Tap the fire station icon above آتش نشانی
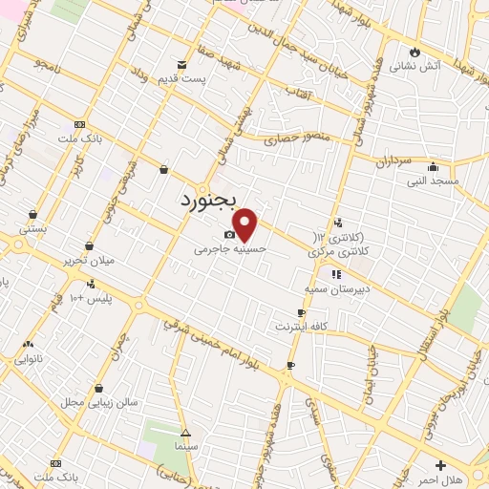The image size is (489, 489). coord(415,52)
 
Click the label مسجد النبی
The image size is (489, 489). coord(434,180)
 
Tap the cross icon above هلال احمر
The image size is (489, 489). coord(440,465)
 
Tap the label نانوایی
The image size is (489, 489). coord(30,359)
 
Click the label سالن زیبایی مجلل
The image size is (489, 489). coord(100,401)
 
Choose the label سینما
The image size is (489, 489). coord(186,446)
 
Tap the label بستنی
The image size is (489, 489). coord(33,229)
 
